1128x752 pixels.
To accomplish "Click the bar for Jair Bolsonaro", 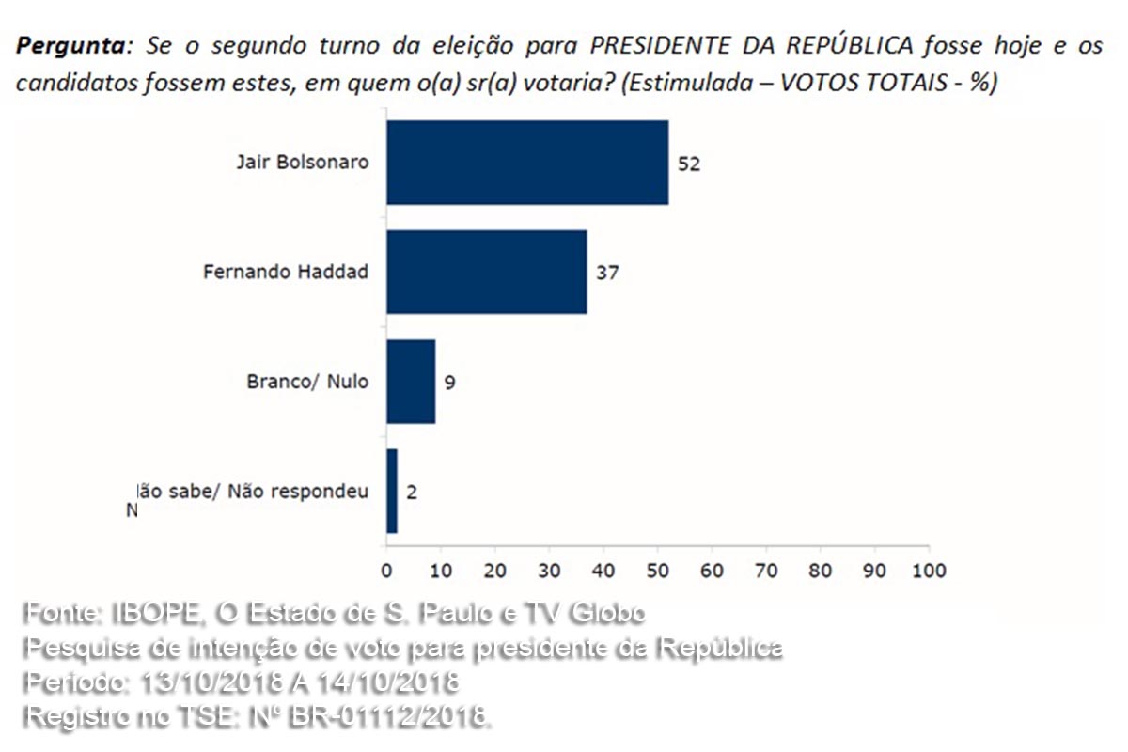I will (526, 163).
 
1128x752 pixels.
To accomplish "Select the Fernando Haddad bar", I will (486, 272).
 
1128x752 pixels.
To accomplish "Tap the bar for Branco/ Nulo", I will (411, 382).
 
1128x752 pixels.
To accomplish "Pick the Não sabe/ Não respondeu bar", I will (392, 491).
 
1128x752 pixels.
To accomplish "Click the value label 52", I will (690, 164).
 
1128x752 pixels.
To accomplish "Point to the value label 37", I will (608, 273).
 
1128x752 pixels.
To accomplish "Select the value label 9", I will (450, 383).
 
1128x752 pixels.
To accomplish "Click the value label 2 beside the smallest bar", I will (412, 492).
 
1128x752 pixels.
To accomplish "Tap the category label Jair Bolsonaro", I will (302, 162).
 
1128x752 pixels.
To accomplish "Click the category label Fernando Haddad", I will (286, 272).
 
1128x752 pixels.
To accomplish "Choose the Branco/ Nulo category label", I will (307, 382).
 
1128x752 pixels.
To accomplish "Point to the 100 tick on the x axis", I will (929, 570).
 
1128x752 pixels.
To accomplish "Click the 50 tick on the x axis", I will (657, 570).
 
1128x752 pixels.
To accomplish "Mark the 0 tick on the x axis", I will (386, 570).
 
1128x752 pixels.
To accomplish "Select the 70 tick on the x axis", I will (766, 570).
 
